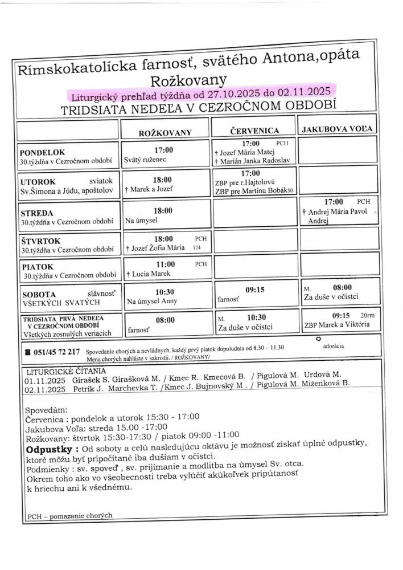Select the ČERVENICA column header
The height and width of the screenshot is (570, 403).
[x=254, y=131]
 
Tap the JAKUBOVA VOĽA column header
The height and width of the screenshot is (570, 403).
[x=338, y=128]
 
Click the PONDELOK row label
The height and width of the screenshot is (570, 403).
[x=43, y=152]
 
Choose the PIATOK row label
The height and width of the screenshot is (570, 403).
[x=38, y=266]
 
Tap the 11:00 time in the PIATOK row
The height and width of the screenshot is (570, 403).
[x=165, y=264]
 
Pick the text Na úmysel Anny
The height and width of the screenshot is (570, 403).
[x=152, y=301]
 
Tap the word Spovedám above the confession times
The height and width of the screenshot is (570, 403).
[x=46, y=410]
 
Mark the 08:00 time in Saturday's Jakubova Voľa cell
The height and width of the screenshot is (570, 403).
[x=343, y=287]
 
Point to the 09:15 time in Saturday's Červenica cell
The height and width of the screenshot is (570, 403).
[x=255, y=289]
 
